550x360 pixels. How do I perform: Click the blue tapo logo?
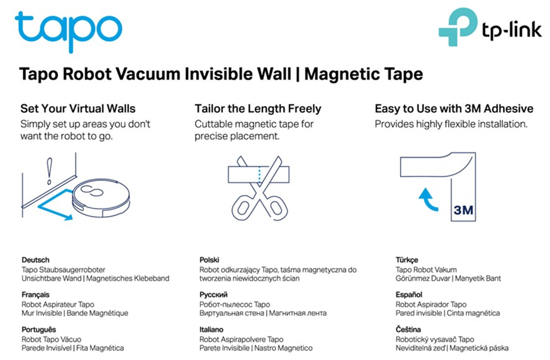[x=69, y=32]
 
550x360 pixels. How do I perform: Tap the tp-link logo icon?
[x=458, y=27]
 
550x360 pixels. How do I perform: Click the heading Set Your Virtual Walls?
[x=78, y=109]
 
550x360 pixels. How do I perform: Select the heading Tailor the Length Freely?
[x=258, y=109]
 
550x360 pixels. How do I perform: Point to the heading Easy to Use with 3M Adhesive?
[x=454, y=109]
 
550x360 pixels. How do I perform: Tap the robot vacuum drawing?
[x=101, y=198]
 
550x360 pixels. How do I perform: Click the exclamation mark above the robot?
[x=50, y=171]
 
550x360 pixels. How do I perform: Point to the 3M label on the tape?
[x=463, y=210]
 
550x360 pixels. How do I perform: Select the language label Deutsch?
[x=36, y=260]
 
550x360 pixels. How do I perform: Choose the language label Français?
[x=36, y=295]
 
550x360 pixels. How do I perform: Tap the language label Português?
[x=39, y=330]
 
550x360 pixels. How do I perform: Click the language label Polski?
[x=209, y=260]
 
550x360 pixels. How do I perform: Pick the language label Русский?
[x=213, y=295]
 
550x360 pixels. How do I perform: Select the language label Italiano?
[x=211, y=330]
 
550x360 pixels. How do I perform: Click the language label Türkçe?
[x=407, y=260]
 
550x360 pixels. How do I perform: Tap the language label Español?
[x=408, y=295]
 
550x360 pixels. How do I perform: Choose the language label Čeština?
[x=408, y=330]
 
